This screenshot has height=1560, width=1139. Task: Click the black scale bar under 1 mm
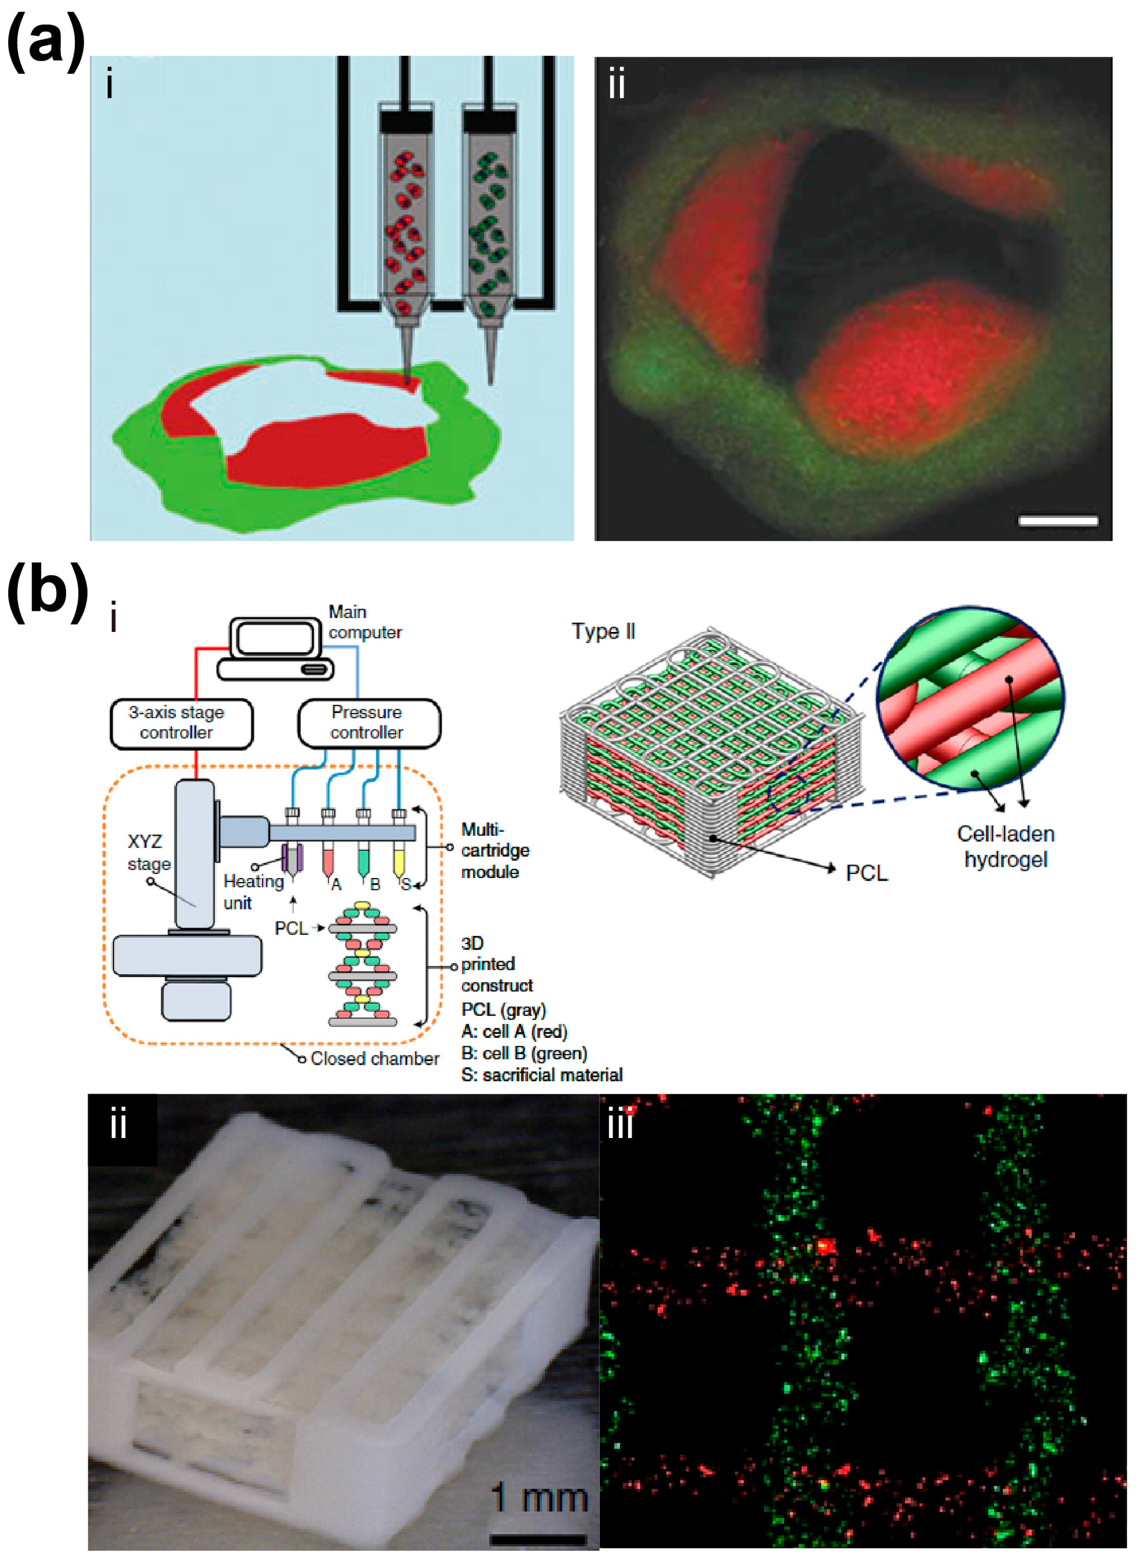[538, 1539]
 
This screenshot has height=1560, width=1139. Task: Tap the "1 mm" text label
[540, 1498]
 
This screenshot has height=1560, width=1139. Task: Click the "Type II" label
[603, 631]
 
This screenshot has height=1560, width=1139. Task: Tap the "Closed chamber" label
[375, 1058]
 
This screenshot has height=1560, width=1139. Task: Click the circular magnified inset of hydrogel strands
[970, 698]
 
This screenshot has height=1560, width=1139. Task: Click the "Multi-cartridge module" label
[494, 851]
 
